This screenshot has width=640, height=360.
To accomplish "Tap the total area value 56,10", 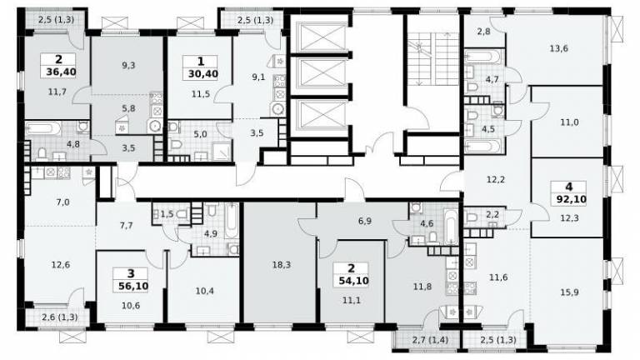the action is [131, 286].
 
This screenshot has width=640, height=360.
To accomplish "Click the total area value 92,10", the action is [572, 200].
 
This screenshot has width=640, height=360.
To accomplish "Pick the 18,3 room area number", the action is [281, 265].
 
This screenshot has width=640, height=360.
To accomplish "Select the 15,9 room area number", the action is [569, 292].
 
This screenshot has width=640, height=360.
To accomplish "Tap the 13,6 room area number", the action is [558, 48].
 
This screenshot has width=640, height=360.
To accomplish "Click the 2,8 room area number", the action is [483, 31].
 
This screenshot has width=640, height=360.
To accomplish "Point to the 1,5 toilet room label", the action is [167, 214].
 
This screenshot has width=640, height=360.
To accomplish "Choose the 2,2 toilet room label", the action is [492, 214].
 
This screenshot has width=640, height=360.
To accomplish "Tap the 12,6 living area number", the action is [60, 265].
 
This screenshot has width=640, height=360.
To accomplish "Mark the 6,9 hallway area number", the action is [364, 221].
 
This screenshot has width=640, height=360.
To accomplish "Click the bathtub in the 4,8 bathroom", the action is [43, 129].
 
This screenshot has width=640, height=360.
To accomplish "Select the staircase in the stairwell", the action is [433, 59].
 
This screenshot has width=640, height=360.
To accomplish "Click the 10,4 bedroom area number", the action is [204, 291].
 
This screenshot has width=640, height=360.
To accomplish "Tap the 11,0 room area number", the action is [569, 122].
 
